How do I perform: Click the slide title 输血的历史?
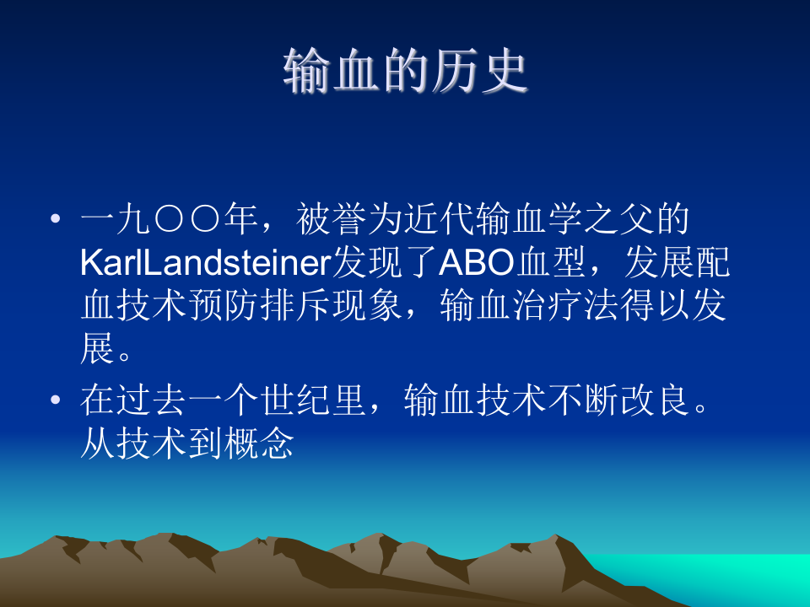pyautogui.click(x=405, y=71)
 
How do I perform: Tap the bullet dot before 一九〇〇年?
pyautogui.click(x=56, y=219)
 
